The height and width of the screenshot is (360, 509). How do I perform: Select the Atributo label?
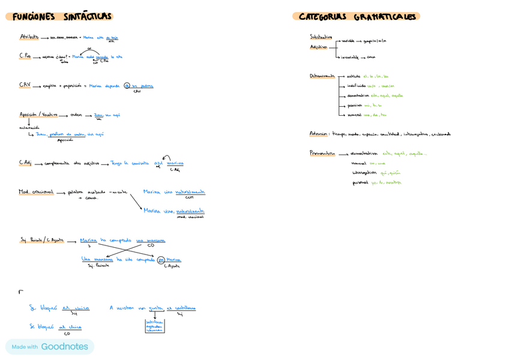pyautogui.click(x=29, y=37)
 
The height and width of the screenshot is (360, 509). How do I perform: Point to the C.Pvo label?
pyautogui.click(x=25, y=56)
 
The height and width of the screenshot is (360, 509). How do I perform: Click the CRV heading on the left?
pyautogui.click(x=25, y=86)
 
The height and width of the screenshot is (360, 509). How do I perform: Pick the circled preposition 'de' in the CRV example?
pyautogui.click(x=126, y=86)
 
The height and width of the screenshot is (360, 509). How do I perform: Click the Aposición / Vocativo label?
pyautogui.click(x=38, y=115)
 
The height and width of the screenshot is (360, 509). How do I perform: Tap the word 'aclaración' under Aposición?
pyautogui.click(x=29, y=127)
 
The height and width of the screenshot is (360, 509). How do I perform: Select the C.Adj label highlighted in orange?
pyautogui.click(x=25, y=163)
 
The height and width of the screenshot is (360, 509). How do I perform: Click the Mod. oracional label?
pyautogui.click(x=36, y=192)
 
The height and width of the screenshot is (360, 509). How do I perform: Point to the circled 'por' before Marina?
pyautogui.click(x=160, y=259)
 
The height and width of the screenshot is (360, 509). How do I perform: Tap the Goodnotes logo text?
pyautogui.click(x=64, y=347)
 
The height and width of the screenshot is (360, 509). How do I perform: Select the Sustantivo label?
pyautogui.click(x=321, y=37)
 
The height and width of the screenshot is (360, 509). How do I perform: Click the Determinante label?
pyautogui.click(x=323, y=76)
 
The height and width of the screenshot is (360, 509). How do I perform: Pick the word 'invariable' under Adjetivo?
pyautogui.click(x=350, y=57)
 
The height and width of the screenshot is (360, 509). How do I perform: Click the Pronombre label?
pyautogui.click(x=322, y=153)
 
